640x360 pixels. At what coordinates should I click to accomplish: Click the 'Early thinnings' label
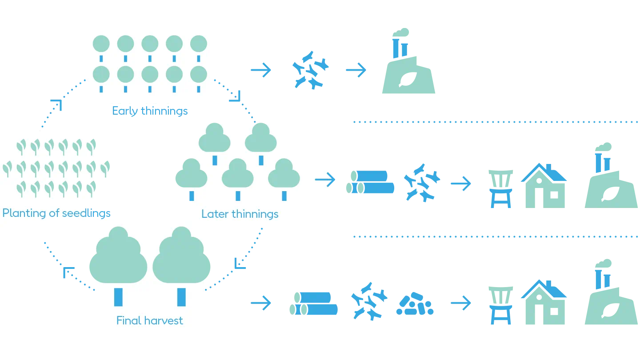point(150,111)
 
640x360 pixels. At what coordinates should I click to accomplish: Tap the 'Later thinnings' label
point(240,214)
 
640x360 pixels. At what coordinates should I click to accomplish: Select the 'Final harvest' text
point(149,320)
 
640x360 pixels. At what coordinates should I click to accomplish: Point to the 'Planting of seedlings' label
point(56,213)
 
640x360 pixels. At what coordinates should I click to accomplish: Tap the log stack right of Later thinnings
point(370,182)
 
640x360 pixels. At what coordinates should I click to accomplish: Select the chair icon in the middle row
point(501,188)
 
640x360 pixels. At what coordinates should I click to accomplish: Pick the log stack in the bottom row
point(313,304)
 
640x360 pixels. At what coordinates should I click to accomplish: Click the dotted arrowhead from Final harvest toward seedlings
point(68,272)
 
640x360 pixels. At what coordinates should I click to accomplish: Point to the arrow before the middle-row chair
point(460,183)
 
